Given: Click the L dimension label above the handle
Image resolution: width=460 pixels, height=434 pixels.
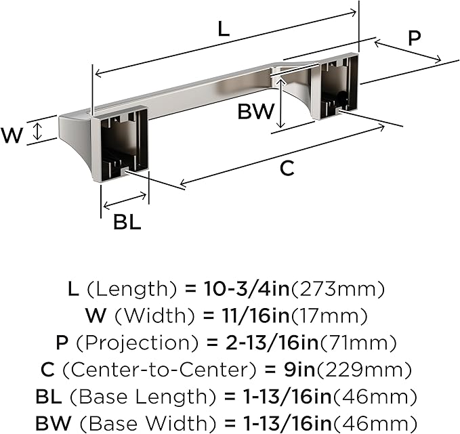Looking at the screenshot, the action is [224, 29].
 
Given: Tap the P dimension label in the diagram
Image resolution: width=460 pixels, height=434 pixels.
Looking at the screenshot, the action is [414, 37].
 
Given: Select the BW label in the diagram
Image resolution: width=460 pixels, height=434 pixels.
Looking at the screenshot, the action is [256, 112].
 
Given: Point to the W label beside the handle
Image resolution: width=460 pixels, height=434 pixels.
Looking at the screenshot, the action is [12, 135].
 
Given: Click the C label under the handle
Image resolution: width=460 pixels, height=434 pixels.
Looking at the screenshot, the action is [287, 168].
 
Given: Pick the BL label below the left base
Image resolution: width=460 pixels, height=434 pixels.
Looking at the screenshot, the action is [127, 222].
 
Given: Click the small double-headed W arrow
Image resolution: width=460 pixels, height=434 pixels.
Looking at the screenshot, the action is [37, 131].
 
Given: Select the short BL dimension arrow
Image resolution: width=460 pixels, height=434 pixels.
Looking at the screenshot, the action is [125, 200].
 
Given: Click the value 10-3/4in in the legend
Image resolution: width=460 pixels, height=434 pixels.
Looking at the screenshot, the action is [247, 288].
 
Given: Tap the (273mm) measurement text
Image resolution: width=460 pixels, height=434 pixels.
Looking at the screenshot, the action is [337, 289].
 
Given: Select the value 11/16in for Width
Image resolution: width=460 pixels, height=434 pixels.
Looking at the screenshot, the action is [254, 316].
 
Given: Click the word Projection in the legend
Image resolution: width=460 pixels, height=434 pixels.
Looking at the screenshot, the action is [138, 343].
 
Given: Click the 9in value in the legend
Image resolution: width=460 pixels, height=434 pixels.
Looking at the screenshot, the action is [299, 370].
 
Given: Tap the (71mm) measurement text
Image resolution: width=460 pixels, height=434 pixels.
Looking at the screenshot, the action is [358, 343].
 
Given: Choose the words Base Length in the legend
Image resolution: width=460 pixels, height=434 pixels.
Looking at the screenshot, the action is [144, 397].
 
